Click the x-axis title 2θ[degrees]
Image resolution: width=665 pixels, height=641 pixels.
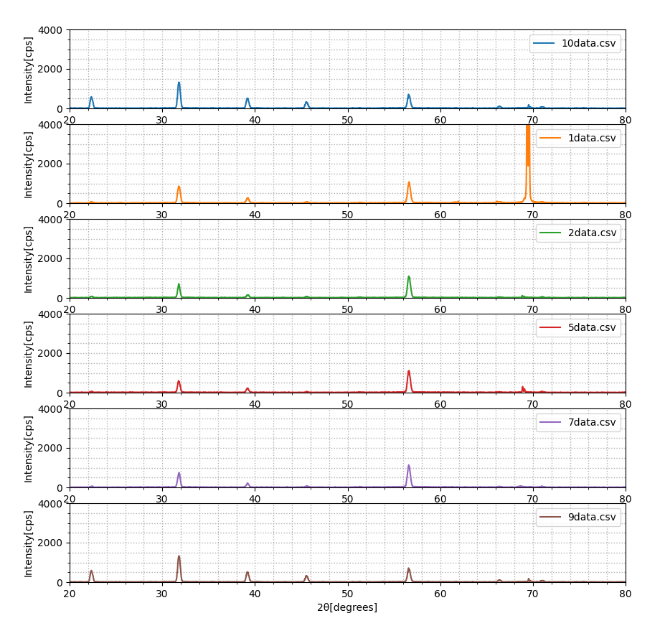[347, 607]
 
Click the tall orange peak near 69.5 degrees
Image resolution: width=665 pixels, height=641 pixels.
[528, 164]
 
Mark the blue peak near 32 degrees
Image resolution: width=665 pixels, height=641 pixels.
[179, 95]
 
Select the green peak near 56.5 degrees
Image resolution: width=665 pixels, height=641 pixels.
[409, 287]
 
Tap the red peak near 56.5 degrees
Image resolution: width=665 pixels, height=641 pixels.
[409, 381]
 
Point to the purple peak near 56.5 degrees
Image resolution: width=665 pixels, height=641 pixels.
[409, 476]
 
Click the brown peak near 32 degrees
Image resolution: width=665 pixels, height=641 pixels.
[179, 569]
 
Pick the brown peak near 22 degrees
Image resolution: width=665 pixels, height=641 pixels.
[91, 576]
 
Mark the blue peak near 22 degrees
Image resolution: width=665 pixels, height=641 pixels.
[91, 103]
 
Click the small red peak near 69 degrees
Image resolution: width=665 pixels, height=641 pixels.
[523, 389]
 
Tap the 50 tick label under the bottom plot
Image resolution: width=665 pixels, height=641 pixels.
[347, 594]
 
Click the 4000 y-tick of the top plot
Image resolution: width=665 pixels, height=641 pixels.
[50, 30]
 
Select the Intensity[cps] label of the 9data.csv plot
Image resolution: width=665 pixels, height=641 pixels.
[28, 544]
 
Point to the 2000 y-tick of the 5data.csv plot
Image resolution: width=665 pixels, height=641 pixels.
[50, 353]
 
